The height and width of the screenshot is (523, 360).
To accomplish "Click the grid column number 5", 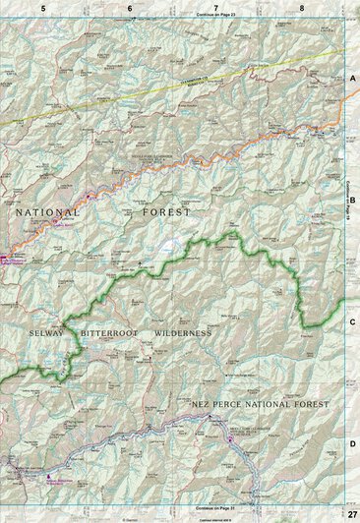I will pyautogui.click(x=43, y=7).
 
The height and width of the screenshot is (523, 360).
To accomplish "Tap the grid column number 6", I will pyautogui.click(x=130, y=7).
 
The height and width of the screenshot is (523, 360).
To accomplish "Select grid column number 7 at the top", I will pyautogui.click(x=215, y=7).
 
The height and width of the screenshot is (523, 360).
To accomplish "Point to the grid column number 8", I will pyautogui.click(x=302, y=7).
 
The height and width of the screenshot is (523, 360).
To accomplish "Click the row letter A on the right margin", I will pyautogui.click(x=352, y=77).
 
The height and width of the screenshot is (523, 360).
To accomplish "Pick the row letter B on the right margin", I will pyautogui.click(x=352, y=197).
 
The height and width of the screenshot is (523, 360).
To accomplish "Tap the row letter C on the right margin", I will pyautogui.click(x=352, y=320).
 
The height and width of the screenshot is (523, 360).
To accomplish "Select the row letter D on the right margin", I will pyautogui.click(x=352, y=443).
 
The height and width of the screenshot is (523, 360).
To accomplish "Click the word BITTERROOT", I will pyautogui.click(x=113, y=333).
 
